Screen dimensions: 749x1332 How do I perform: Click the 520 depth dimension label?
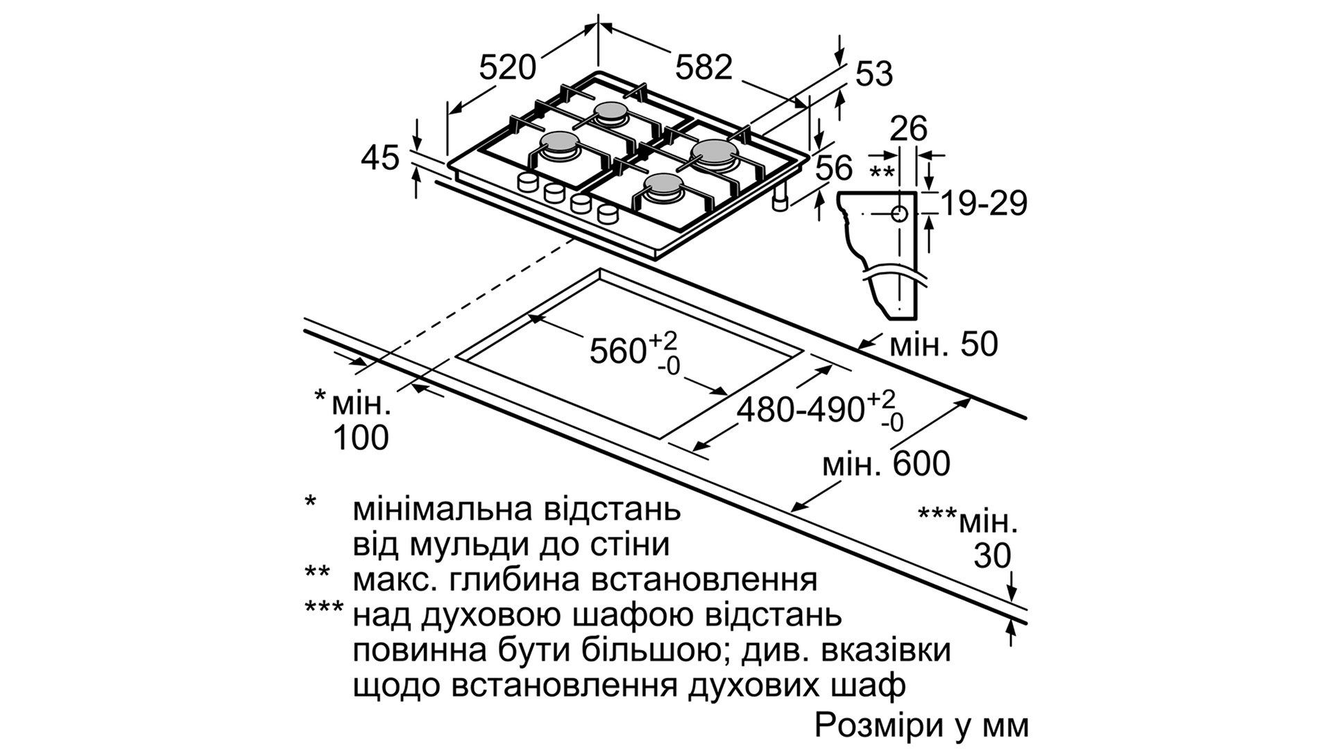click(508, 67)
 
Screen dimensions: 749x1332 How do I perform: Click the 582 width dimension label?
click(703, 67)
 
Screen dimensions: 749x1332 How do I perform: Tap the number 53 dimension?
click(873, 74)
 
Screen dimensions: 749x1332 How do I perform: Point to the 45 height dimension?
click(380, 158)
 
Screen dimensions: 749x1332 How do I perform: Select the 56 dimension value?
click(833, 169)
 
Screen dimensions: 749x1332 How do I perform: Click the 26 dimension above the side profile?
click(909, 129)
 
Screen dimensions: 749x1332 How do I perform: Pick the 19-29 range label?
click(984, 204)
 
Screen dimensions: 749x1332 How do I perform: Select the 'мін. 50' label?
click(943, 345)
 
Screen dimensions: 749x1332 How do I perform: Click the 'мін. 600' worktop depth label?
click(885, 464)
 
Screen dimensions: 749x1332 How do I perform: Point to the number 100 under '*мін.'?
click(361, 438)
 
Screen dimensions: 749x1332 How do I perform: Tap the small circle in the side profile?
click(899, 214)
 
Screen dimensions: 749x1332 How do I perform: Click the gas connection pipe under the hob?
click(780, 200)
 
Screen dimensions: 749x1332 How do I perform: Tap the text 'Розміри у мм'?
click(921, 725)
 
